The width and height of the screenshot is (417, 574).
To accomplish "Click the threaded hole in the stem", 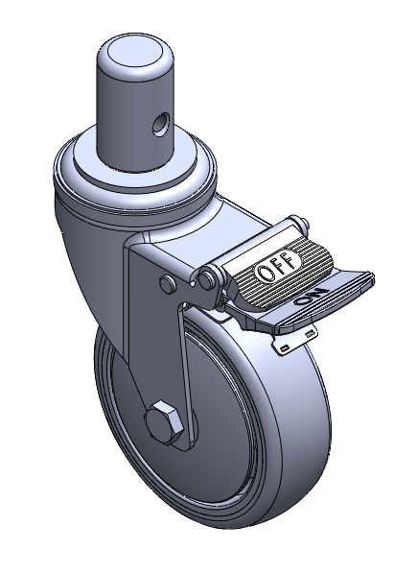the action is coord(160,124).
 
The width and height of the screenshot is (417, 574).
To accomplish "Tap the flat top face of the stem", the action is coord(135,51).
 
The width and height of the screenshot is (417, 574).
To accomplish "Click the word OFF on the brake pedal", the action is coord(279,266).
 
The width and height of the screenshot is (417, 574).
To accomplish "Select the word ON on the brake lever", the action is coord(312,297).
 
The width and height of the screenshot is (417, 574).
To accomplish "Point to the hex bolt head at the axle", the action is coord(164,421).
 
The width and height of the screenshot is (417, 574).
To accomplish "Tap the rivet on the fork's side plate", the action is coord(168,283).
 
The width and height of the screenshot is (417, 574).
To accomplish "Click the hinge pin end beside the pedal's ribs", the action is coord(206,279).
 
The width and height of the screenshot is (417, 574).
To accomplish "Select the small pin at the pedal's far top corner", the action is coord(304,223).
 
